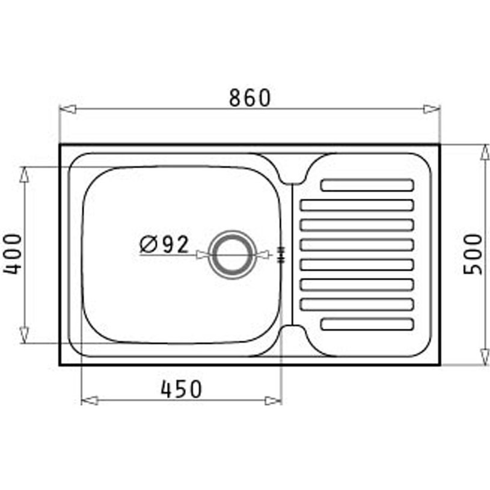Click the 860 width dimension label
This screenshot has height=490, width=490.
[250, 97]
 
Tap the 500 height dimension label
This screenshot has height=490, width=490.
[473, 254]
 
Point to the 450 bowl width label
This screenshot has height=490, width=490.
[181, 389]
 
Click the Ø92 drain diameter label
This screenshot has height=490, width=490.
[164, 243]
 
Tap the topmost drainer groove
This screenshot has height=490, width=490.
[367, 185]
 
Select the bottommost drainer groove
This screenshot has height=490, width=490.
[367, 324]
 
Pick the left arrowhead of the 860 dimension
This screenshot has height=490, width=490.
[68, 109]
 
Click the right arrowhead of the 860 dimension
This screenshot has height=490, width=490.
[431, 109]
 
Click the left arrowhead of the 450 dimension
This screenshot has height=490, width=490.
[90, 400]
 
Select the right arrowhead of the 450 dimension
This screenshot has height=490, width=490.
[273, 400]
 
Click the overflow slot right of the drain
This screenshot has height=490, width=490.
[280, 254]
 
